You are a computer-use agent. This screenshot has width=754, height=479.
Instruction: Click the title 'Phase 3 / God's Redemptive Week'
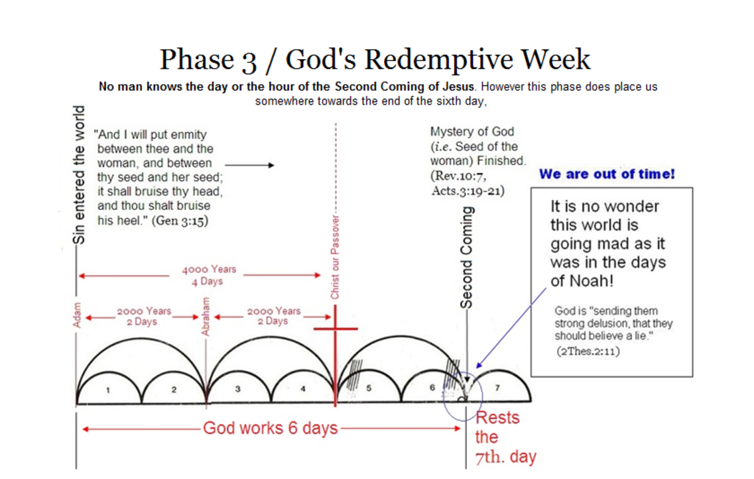click(x=375, y=60)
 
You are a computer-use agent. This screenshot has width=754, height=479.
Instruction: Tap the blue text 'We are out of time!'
click(x=607, y=174)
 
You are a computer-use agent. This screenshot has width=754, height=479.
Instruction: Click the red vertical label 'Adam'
click(x=77, y=317)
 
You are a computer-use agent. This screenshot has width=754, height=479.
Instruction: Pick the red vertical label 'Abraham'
click(x=206, y=316)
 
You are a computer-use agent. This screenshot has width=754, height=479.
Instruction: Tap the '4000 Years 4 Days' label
click(x=208, y=276)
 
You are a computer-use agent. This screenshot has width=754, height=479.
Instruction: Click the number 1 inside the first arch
click(x=109, y=390)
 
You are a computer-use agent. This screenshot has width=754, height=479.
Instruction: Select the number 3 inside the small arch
click(x=238, y=389)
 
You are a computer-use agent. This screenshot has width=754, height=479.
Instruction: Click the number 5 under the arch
click(x=369, y=388)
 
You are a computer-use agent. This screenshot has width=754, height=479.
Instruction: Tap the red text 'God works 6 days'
click(x=270, y=428)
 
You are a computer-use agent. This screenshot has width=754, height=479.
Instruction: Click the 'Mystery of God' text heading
click(x=471, y=131)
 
